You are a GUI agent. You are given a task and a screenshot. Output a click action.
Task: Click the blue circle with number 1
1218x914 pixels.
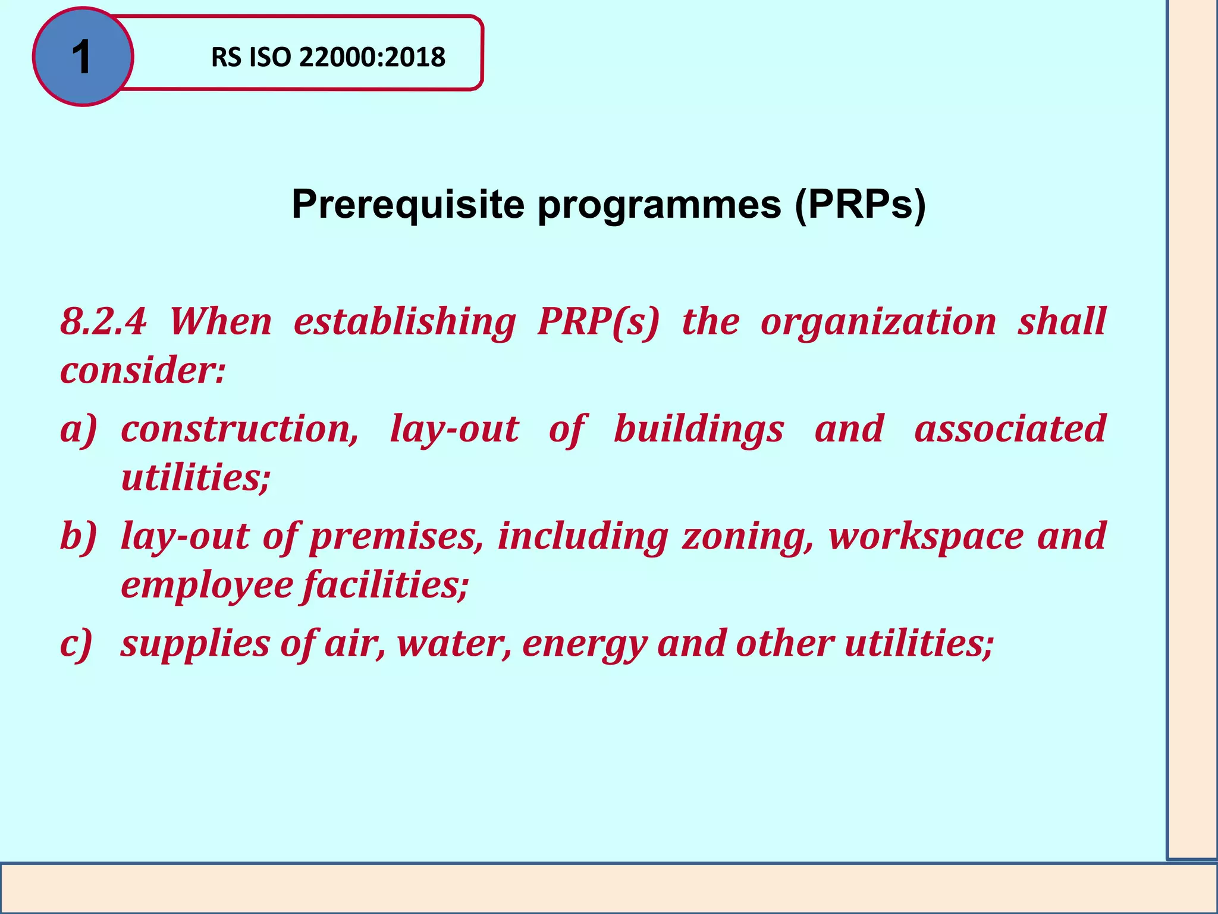pyautogui.click(x=83, y=57)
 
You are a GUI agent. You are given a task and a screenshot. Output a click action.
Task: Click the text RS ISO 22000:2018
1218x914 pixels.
pyautogui.click(x=328, y=58)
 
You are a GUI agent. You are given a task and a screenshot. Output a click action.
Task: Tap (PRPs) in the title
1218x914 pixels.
pyautogui.click(x=859, y=205)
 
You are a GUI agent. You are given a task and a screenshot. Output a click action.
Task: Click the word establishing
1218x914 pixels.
pyautogui.click(x=404, y=322)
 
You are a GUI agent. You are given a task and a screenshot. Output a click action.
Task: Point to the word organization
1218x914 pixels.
pyautogui.click(x=878, y=322)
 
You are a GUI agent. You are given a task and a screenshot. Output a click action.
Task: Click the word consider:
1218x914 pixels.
pyautogui.click(x=143, y=370)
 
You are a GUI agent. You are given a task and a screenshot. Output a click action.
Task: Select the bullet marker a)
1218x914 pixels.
pyautogui.click(x=78, y=429)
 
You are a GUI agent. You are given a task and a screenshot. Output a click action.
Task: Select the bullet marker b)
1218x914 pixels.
pyautogui.click(x=78, y=536)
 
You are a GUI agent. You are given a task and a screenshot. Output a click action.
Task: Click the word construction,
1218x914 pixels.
pyautogui.click(x=240, y=429)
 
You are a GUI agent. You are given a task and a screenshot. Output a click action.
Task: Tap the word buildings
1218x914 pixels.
pyautogui.click(x=698, y=429)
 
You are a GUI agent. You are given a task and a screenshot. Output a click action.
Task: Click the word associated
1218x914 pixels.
pyautogui.click(x=1009, y=429)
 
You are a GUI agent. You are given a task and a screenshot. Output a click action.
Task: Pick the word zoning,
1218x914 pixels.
pyautogui.click(x=748, y=536)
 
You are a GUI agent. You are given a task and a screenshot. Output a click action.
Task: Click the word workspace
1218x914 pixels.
pyautogui.click(x=925, y=536)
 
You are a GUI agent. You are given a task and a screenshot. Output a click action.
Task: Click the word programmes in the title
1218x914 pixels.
pyautogui.click(x=659, y=205)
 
